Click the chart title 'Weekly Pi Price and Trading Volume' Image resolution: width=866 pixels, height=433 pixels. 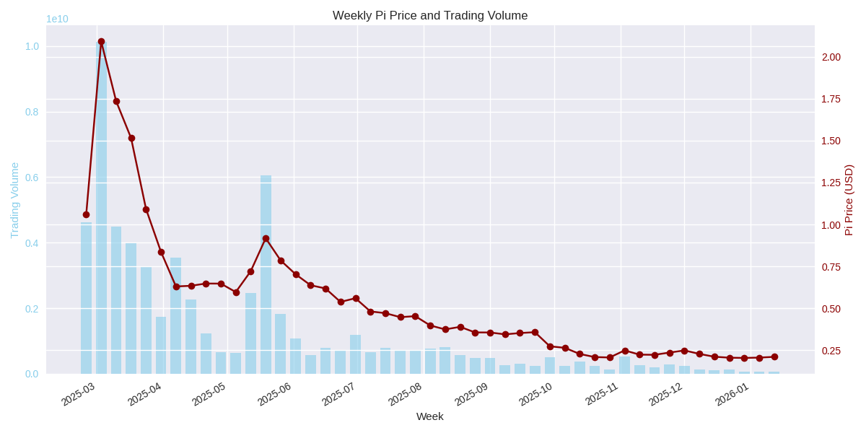click(430, 15)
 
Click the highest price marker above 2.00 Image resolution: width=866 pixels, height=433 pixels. click(101, 42)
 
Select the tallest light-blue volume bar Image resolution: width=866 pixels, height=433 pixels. click(101, 209)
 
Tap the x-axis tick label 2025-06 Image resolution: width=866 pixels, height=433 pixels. click(274, 394)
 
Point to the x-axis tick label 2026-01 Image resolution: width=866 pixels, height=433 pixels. click(732, 394)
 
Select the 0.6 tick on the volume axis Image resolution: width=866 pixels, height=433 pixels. click(32, 178)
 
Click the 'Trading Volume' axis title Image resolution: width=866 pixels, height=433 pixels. click(14, 200)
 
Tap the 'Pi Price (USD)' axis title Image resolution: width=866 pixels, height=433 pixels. click(849, 200)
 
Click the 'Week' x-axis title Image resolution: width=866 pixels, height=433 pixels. click(430, 416)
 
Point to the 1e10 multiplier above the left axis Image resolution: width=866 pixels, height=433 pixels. click(57, 19)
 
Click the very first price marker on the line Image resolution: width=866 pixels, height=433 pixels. click(86, 214)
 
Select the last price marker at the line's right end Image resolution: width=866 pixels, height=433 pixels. click(774, 357)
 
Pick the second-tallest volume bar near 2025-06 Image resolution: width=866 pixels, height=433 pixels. click(266, 274)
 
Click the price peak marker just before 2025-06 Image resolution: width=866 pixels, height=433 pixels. click(266, 238)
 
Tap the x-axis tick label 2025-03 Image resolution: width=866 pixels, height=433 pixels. click(78, 394)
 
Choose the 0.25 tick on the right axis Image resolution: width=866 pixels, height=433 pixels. click(831, 351)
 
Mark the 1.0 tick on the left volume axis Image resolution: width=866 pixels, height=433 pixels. click(32, 46)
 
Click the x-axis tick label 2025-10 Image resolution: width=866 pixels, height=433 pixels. click(535, 394)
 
